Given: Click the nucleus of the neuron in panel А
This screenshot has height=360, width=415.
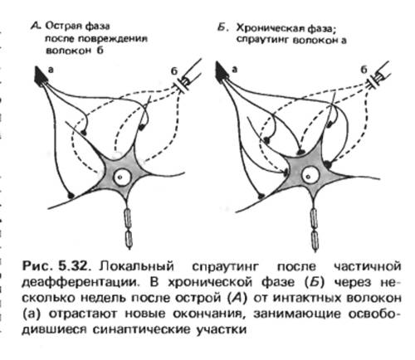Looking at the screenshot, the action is (120, 177).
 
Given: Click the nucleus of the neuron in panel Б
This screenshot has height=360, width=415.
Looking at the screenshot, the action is (310, 175).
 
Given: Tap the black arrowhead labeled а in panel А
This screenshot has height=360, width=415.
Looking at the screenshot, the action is (41, 75).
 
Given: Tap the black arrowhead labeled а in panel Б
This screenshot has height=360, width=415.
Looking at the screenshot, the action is (222, 72).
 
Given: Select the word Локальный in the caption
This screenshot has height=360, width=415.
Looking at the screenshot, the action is (137, 266).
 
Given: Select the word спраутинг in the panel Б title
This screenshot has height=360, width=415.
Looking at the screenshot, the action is (262, 40).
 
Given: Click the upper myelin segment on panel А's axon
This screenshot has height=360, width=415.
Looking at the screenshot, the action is (128, 218).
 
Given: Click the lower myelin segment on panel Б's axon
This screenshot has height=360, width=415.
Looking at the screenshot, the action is (315, 241).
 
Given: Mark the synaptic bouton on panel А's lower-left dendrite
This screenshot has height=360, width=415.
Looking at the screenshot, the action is (71, 195).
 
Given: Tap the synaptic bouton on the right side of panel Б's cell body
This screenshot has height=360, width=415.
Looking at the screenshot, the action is (328, 164).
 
